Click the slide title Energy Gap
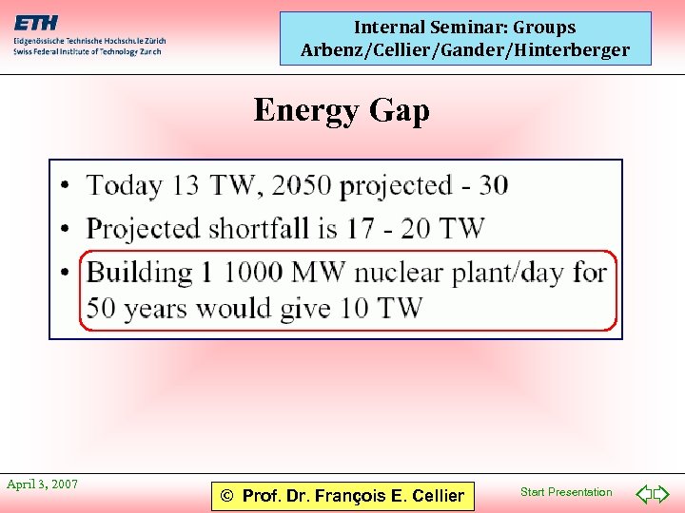pyautogui.click(x=342, y=111)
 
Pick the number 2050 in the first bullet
pyautogui.click(x=303, y=185)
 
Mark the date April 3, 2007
pyautogui.click(x=43, y=484)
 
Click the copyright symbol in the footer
pyautogui.click(x=227, y=496)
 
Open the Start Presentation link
pyautogui.click(x=566, y=492)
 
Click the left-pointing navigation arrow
pyautogui.click(x=643, y=494)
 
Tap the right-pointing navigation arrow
pyautogui.click(x=662, y=494)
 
